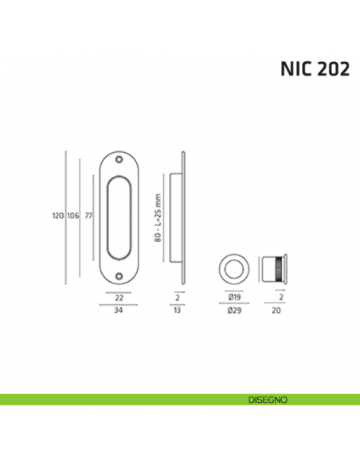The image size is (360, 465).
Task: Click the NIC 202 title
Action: point(314,68)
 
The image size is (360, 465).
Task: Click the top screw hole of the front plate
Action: point(119,159)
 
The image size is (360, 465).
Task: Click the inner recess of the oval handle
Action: point(118,218)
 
